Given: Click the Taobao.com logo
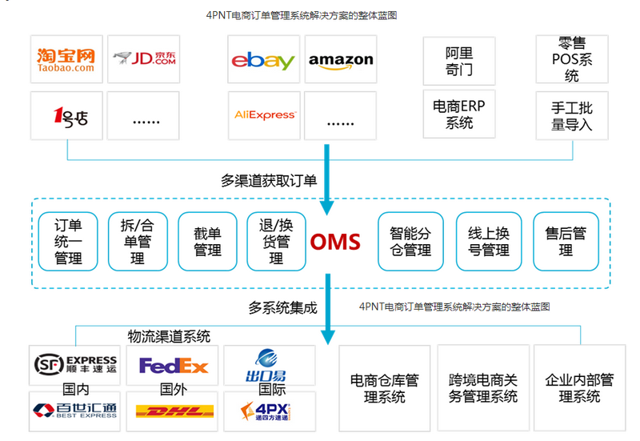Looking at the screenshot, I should pyautogui.click(x=66, y=59).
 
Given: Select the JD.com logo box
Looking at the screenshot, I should pyautogui.click(x=144, y=59).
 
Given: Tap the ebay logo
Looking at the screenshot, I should pyautogui.click(x=262, y=60).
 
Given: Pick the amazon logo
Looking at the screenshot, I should pyautogui.click(x=341, y=60).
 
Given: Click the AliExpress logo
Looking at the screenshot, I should pyautogui.click(x=264, y=115).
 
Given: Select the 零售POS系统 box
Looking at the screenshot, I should pyautogui.click(x=571, y=59).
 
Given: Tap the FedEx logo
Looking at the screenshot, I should pyautogui.click(x=173, y=366).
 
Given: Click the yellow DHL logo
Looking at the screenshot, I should pyautogui.click(x=174, y=412).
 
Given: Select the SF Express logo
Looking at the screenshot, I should pyautogui.click(x=75, y=365).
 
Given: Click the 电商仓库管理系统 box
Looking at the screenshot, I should pyautogui.click(x=384, y=388).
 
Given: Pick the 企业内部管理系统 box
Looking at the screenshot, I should pyautogui.click(x=578, y=388).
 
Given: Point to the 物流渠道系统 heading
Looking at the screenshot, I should pyautogui.click(x=169, y=336).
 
